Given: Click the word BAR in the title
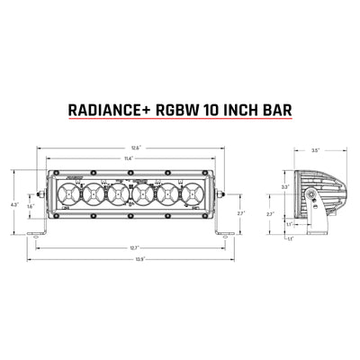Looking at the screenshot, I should (x=290, y=113).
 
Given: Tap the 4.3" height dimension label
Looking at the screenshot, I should (x=13, y=205).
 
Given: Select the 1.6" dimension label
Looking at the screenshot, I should (x=30, y=206).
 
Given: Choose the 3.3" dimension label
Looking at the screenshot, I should (x=284, y=187).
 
